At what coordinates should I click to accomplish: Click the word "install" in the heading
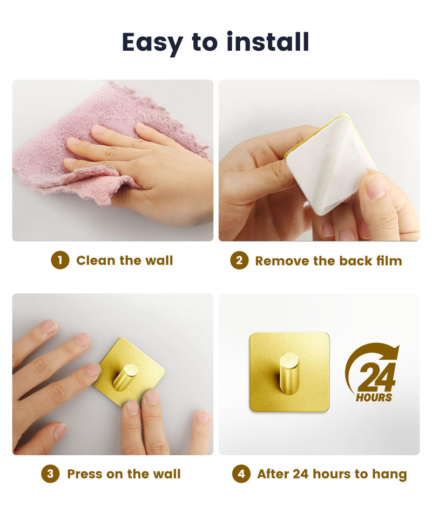tap(268, 42)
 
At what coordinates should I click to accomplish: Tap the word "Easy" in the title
tap(152, 44)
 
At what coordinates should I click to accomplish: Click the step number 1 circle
tap(60, 260)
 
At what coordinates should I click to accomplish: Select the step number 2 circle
tap(239, 260)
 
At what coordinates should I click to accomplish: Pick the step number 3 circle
tap(50, 474)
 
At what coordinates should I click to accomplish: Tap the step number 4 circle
tap(241, 474)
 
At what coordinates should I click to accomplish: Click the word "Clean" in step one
tap(96, 260)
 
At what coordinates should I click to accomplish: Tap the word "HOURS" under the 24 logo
tap(374, 397)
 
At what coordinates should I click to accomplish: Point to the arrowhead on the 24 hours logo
tap(394, 353)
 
